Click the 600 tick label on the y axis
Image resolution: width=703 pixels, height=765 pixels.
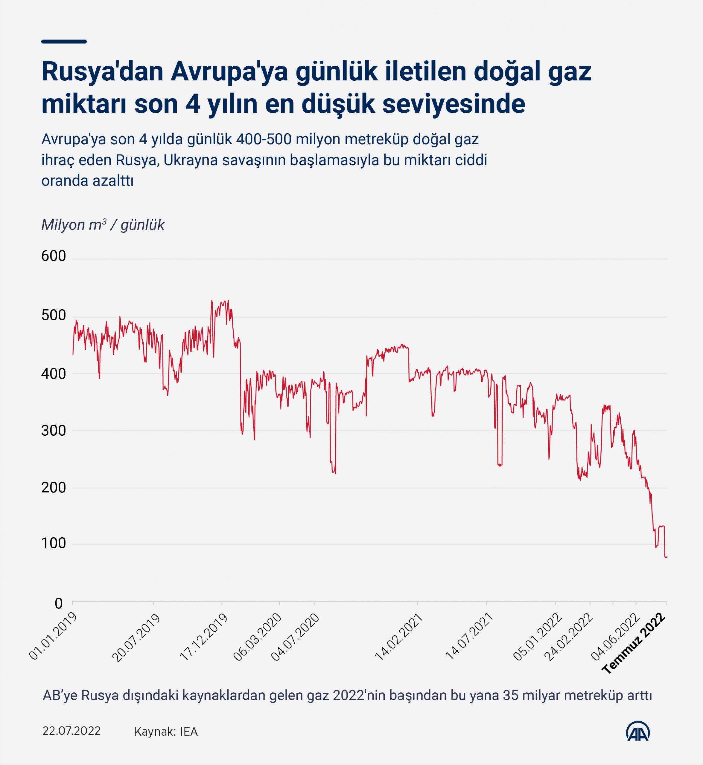[54, 256]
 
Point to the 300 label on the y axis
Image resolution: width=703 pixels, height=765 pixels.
[54, 431]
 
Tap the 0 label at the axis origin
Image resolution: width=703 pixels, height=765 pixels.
[59, 604]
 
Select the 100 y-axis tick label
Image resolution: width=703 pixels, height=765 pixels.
[54, 544]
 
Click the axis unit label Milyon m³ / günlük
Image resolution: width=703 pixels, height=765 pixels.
[103, 225]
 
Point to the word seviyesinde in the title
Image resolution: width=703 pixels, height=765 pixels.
[454, 104]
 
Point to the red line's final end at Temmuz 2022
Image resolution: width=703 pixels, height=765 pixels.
[667, 557]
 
